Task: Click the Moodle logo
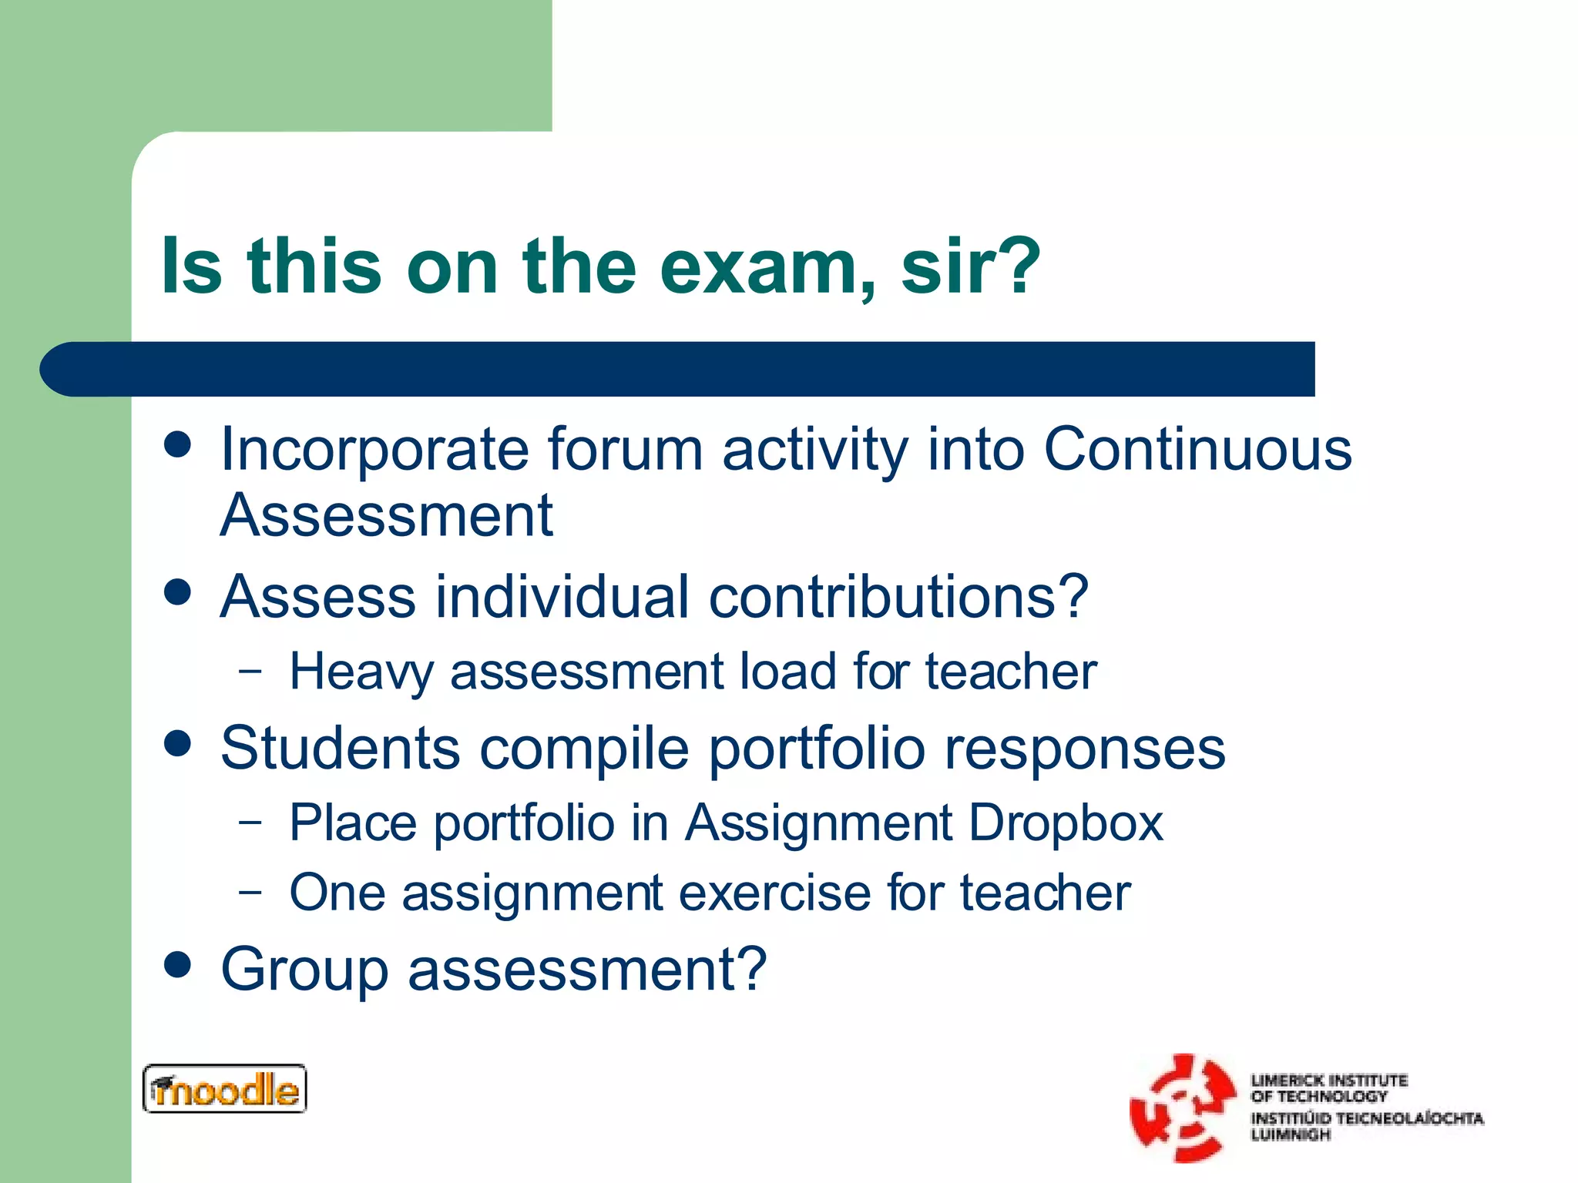pos(225,1089)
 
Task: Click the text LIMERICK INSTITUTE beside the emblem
pos(1329,1080)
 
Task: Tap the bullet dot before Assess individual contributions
pos(178,592)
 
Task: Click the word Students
pos(340,748)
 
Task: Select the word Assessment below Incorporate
pos(386,515)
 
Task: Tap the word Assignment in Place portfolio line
pos(818,823)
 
